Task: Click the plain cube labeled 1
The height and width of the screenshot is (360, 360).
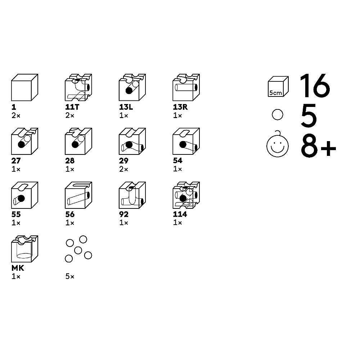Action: pos(24,87)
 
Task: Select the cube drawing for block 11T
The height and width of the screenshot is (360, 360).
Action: pos(78,87)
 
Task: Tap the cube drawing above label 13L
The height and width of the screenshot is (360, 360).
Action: pos(132,87)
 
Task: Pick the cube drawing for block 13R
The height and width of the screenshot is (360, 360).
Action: pos(186,87)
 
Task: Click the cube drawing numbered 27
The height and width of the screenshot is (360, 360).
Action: pos(24,141)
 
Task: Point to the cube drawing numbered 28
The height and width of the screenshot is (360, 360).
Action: pos(78,141)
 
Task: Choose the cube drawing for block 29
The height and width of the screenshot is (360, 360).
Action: pos(132,141)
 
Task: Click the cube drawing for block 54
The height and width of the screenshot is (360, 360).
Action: pos(186,141)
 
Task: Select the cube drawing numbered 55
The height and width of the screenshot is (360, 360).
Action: pos(24,195)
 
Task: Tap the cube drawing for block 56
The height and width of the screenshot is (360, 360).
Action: pos(78,195)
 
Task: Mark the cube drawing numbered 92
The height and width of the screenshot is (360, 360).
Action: pos(132,195)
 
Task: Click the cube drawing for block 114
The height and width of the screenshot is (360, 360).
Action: pos(186,195)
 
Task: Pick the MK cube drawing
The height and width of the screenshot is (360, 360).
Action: pos(24,249)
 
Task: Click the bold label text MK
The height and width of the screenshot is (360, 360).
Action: pos(18,268)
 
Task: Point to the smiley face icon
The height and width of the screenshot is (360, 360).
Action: pos(277,144)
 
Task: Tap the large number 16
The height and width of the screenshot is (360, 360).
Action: pos(315,86)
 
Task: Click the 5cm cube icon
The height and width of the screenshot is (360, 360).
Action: pos(278,86)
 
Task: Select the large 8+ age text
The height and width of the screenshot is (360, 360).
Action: pos(319,146)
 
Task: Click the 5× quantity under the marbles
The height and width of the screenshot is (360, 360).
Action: pos(70,276)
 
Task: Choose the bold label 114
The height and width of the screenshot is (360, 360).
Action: pos(180,214)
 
